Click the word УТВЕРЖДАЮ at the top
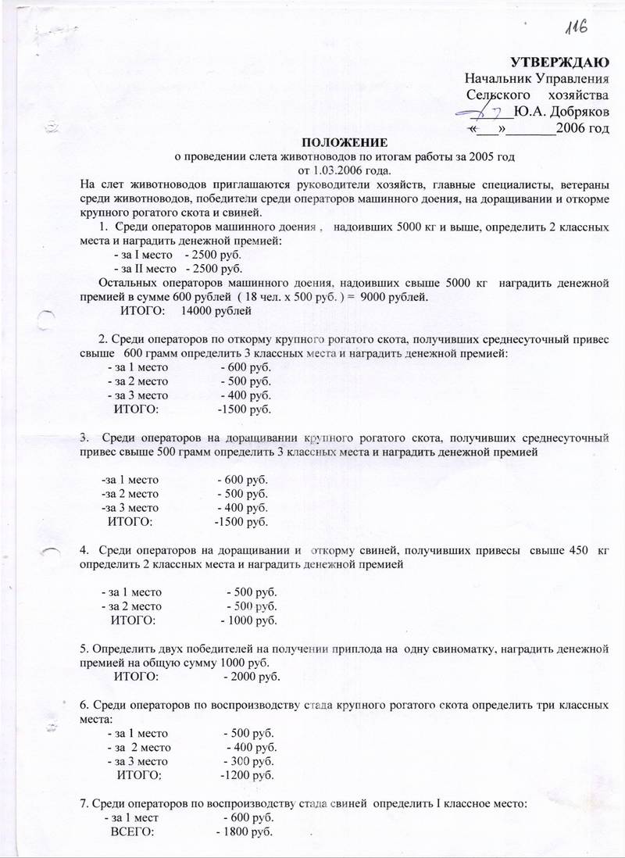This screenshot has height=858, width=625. pos(559,62)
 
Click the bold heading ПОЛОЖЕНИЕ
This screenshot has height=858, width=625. pos(345,142)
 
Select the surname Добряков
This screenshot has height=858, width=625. pos(579,111)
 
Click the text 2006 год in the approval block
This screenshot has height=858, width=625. pos(582,127)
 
